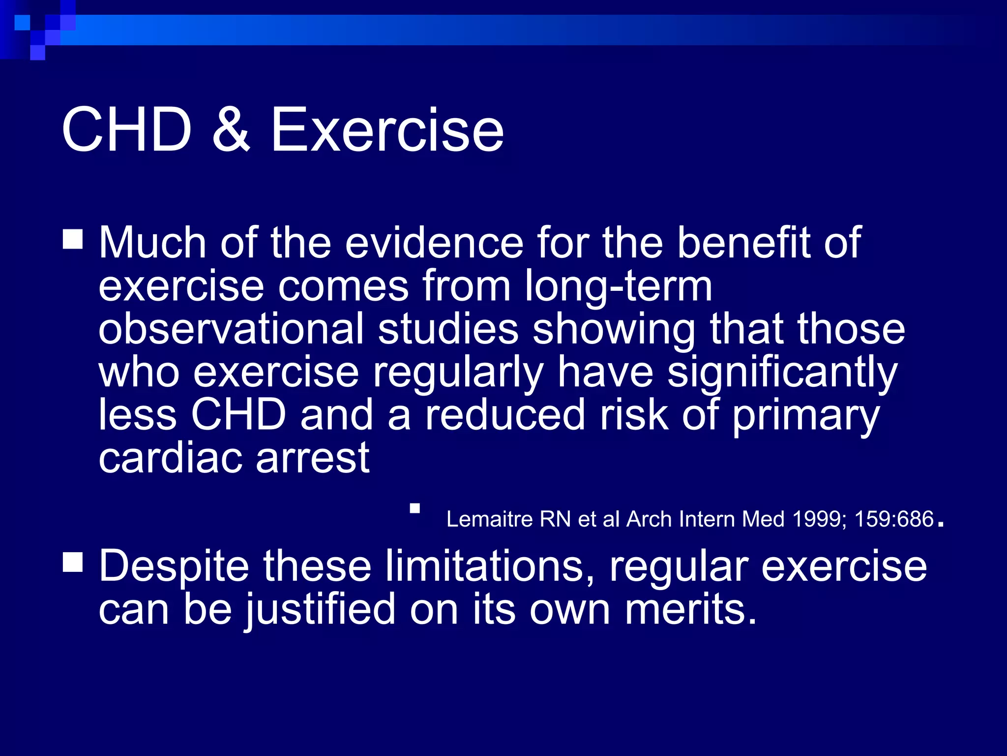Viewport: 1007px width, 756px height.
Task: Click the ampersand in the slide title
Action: [231, 130]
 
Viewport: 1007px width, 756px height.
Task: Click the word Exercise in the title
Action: [387, 130]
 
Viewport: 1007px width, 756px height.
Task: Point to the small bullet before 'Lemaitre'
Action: [415, 508]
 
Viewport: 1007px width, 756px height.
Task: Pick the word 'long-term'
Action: [618, 287]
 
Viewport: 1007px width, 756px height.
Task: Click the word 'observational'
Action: [231, 329]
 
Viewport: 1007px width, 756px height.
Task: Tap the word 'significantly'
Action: [782, 373]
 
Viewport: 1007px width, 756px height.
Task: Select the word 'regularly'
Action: [458, 373]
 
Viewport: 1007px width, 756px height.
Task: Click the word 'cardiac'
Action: [170, 458]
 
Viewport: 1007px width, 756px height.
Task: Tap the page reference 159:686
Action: [894, 519]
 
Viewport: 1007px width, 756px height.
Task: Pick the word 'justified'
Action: [321, 610]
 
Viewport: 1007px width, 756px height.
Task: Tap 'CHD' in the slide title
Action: [126, 130]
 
